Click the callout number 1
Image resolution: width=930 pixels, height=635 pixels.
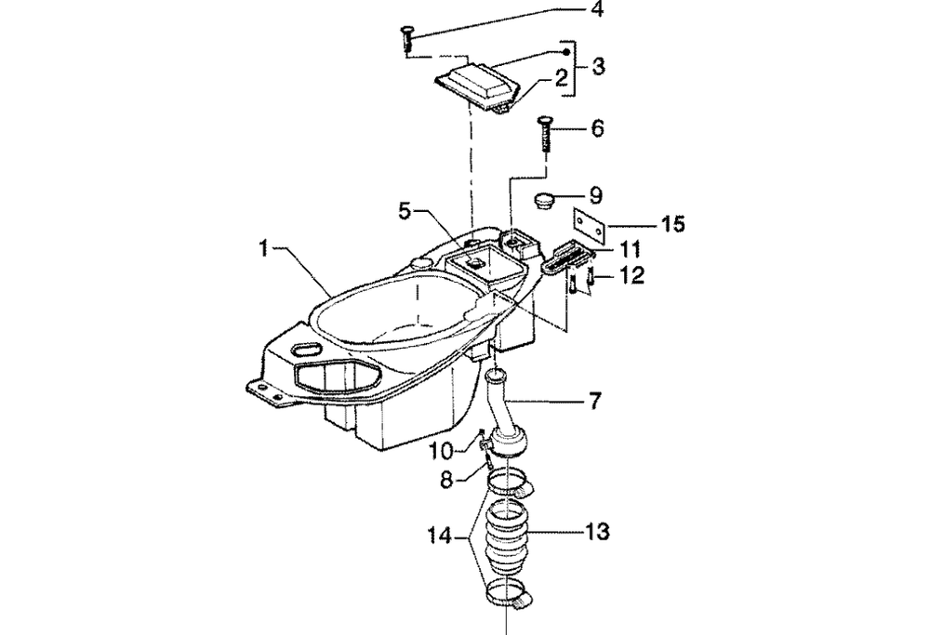(x=264, y=248)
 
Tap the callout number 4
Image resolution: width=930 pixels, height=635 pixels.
(x=597, y=9)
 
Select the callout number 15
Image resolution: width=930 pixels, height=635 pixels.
(x=673, y=224)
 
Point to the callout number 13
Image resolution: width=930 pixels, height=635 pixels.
(x=598, y=531)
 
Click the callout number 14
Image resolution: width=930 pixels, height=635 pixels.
(x=440, y=537)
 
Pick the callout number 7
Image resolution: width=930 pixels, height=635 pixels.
(x=595, y=402)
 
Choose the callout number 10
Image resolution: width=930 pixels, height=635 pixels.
(x=441, y=451)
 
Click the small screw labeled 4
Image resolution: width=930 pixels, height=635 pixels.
(x=407, y=39)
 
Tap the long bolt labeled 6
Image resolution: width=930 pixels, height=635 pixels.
(x=544, y=135)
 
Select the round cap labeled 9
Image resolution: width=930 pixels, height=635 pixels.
(x=543, y=201)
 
